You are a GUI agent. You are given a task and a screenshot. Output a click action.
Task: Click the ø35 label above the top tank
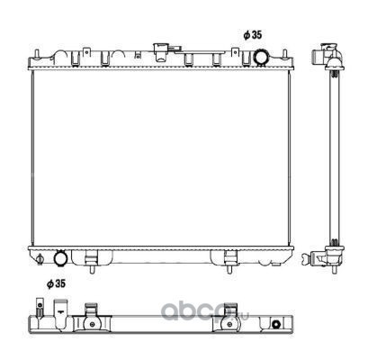[x=253, y=35]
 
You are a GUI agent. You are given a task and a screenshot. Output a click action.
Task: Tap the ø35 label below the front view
[x=56, y=283]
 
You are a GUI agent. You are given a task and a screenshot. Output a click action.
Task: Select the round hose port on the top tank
[x=260, y=57]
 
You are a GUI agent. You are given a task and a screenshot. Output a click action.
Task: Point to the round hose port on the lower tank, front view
[x=60, y=258]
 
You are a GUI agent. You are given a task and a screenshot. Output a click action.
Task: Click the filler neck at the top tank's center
[x=161, y=52]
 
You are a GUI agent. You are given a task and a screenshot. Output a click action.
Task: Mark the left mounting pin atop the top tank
[x=36, y=54]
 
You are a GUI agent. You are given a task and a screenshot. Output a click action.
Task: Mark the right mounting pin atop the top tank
[x=284, y=54]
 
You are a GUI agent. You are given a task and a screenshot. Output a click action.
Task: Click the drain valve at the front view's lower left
[x=40, y=259]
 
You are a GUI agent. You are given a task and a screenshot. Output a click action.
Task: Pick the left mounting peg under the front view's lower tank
[x=92, y=268]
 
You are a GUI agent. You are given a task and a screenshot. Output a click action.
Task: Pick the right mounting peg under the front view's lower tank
[x=229, y=268]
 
